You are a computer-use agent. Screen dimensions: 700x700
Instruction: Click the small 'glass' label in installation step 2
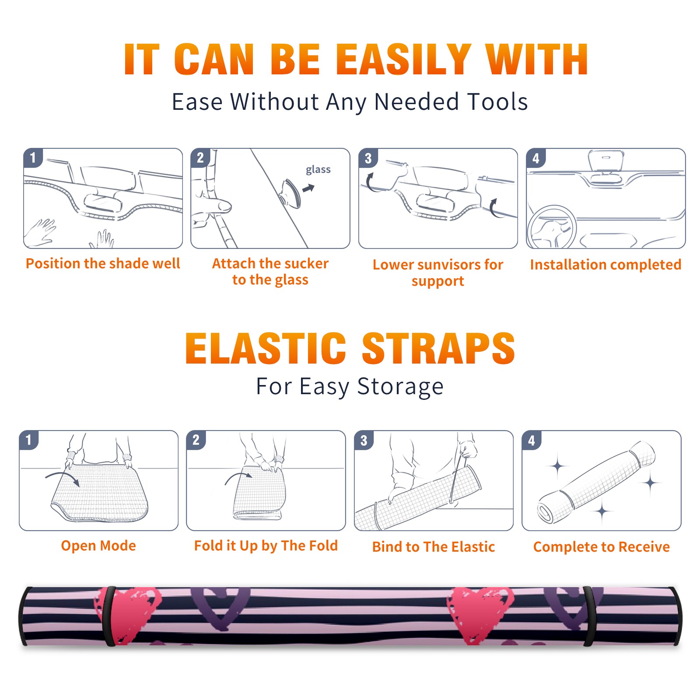[318, 170]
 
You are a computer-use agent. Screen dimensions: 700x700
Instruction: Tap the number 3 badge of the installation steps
[368, 158]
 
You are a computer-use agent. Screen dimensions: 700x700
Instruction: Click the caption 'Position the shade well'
[103, 263]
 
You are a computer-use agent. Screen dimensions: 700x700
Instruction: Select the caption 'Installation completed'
[605, 264]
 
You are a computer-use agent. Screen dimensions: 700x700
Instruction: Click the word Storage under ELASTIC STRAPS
[400, 387]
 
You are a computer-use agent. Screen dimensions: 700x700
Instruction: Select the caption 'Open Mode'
[98, 546]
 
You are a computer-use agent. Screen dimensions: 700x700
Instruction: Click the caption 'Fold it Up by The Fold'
[266, 546]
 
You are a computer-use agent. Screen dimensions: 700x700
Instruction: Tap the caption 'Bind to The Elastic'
[434, 547]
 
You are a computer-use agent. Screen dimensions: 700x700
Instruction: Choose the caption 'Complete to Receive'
[602, 547]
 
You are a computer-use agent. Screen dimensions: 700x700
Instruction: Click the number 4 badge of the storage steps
[532, 440]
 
